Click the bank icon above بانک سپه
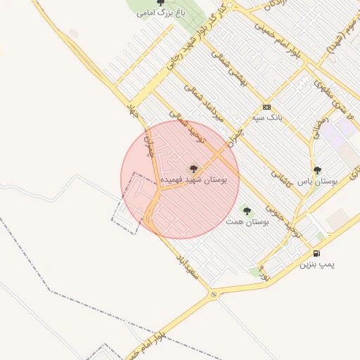pos(266,107)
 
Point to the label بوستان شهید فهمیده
pos(194,180)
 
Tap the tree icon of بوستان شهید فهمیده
pos(194,169)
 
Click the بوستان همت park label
pos(246,221)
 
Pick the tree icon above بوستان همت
pos(246,210)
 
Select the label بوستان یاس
pos(318,181)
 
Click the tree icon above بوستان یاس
pos(317,170)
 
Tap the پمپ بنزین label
pos(317,265)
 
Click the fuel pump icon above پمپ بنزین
pos(316,254)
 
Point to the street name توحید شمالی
pos(187,126)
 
